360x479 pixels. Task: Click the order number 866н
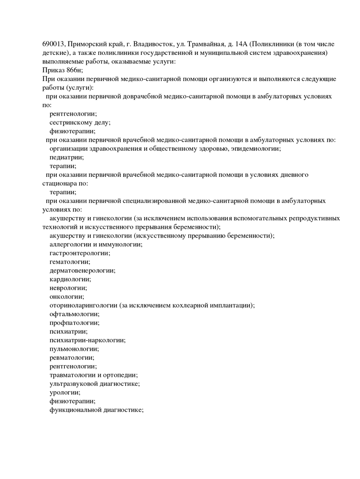point(74,70)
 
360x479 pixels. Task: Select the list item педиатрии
point(67,157)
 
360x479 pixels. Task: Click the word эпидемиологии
point(255,148)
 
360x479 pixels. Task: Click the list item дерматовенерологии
point(82,271)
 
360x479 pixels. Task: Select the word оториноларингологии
point(83,305)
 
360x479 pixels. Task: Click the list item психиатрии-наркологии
point(87,340)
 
